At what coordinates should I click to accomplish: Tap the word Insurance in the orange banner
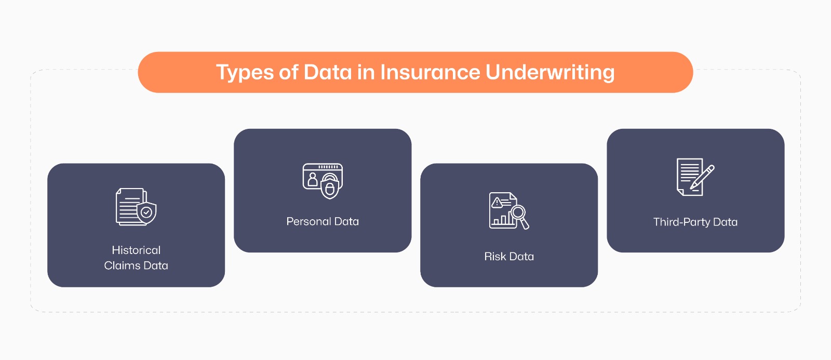430,72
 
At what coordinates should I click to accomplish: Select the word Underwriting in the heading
550,73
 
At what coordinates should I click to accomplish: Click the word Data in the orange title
328,72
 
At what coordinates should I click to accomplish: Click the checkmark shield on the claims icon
146,212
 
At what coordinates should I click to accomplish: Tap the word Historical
136,250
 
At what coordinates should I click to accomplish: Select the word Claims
122,265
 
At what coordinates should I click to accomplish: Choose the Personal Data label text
323,221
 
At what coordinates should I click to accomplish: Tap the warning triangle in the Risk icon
497,202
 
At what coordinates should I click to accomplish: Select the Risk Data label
509,256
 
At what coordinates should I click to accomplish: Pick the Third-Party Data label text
695,222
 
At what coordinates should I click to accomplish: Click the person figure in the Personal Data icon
313,180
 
